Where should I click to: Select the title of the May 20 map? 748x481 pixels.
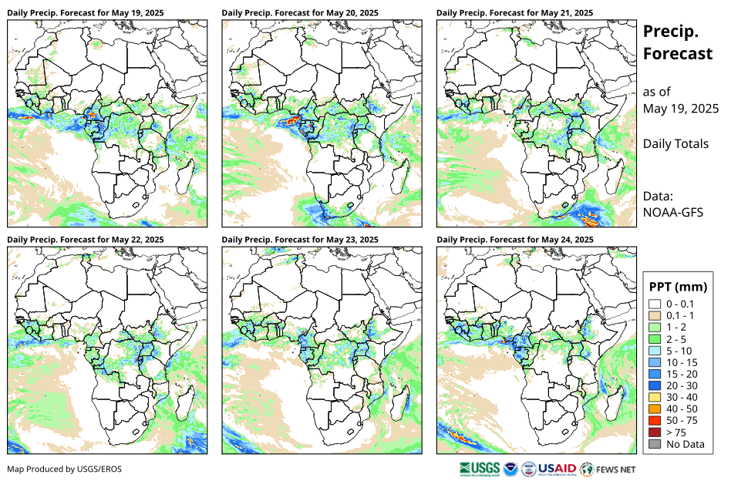tap(300, 13)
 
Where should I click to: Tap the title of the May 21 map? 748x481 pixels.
tap(514, 13)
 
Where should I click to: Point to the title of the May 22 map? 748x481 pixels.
tap(85, 240)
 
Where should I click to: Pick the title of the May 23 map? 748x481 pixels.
tap(300, 240)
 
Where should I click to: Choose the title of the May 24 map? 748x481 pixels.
tap(514, 240)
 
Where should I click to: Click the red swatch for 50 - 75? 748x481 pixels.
tap(655, 420)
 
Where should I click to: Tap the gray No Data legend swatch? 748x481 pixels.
tap(655, 443)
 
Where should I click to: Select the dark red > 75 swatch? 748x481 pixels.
tap(655, 432)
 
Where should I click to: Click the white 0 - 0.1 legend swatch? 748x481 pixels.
tap(655, 304)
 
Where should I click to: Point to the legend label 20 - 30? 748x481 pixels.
tap(684, 385)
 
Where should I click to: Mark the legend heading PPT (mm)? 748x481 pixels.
tap(678, 287)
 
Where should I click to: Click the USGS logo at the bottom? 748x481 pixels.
tap(480, 468)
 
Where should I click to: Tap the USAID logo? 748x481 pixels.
tap(557, 468)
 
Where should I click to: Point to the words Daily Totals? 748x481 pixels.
tap(676, 143)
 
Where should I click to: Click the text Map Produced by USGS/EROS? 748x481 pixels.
tap(64, 469)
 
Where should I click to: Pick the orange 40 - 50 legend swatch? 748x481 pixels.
tap(655, 409)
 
